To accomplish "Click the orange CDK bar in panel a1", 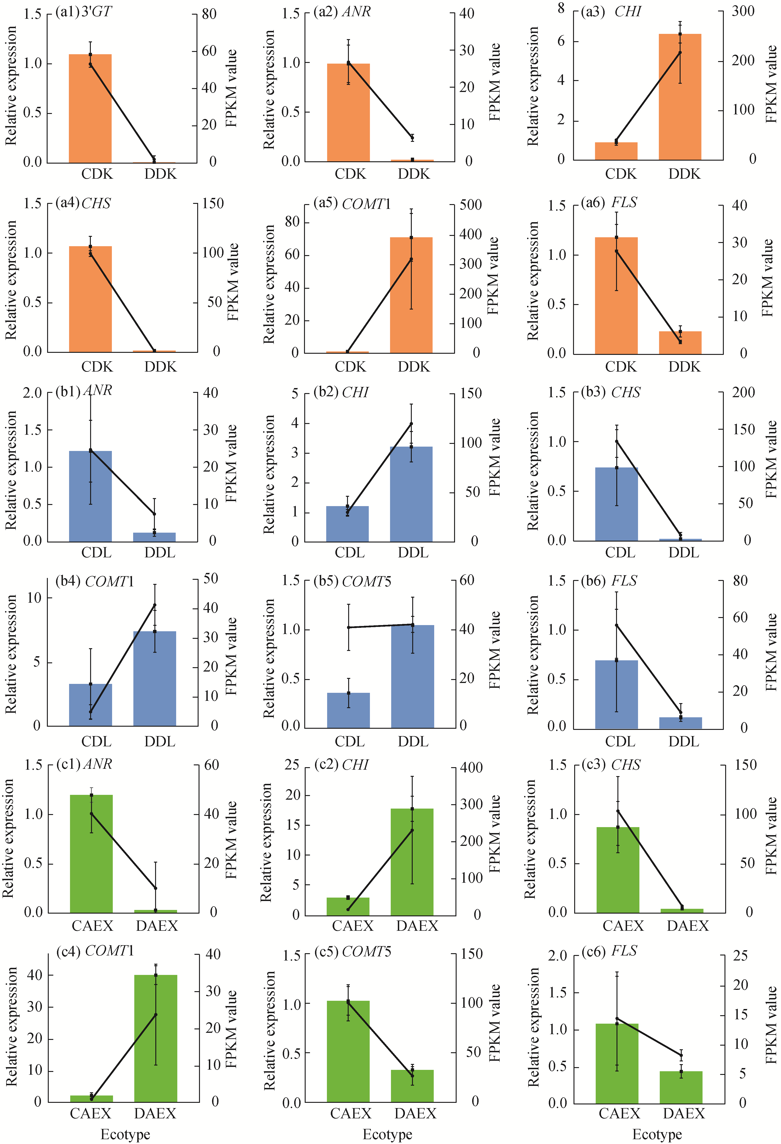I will click(90, 108).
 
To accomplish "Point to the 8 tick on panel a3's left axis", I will click(561, 9).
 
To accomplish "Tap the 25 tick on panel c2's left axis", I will click(292, 764).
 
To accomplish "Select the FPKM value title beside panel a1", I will click(231, 88).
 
